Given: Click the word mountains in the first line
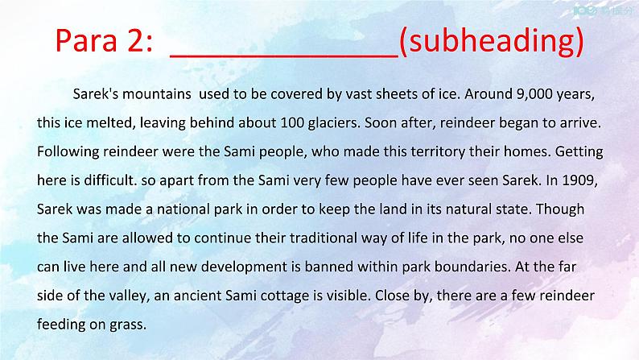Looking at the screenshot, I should (157, 94).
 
